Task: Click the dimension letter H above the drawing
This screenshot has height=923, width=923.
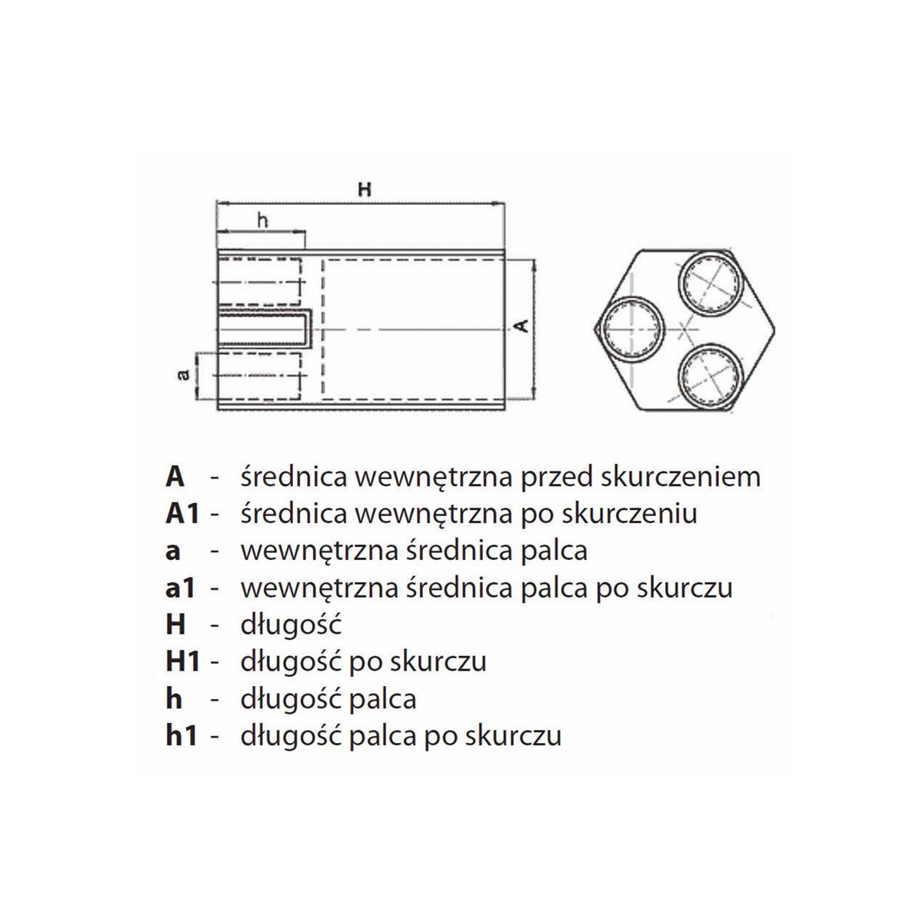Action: pyautogui.click(x=365, y=189)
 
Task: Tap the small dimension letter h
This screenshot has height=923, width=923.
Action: pyautogui.click(x=263, y=220)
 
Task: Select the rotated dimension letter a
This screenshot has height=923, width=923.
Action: pyautogui.click(x=184, y=374)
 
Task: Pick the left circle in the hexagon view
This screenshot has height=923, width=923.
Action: pyautogui.click(x=633, y=329)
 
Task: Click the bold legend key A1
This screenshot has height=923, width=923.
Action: pyautogui.click(x=182, y=514)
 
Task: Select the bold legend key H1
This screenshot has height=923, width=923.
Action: pyautogui.click(x=182, y=661)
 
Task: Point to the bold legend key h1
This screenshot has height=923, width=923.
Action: pyautogui.click(x=181, y=735)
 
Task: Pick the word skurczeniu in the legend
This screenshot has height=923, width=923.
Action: pyautogui.click(x=628, y=514)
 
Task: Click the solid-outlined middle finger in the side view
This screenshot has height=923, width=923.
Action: pyautogui.click(x=265, y=329)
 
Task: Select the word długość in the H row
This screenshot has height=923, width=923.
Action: pyautogui.click(x=291, y=625)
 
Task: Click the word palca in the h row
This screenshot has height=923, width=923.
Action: pyautogui.click(x=382, y=699)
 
